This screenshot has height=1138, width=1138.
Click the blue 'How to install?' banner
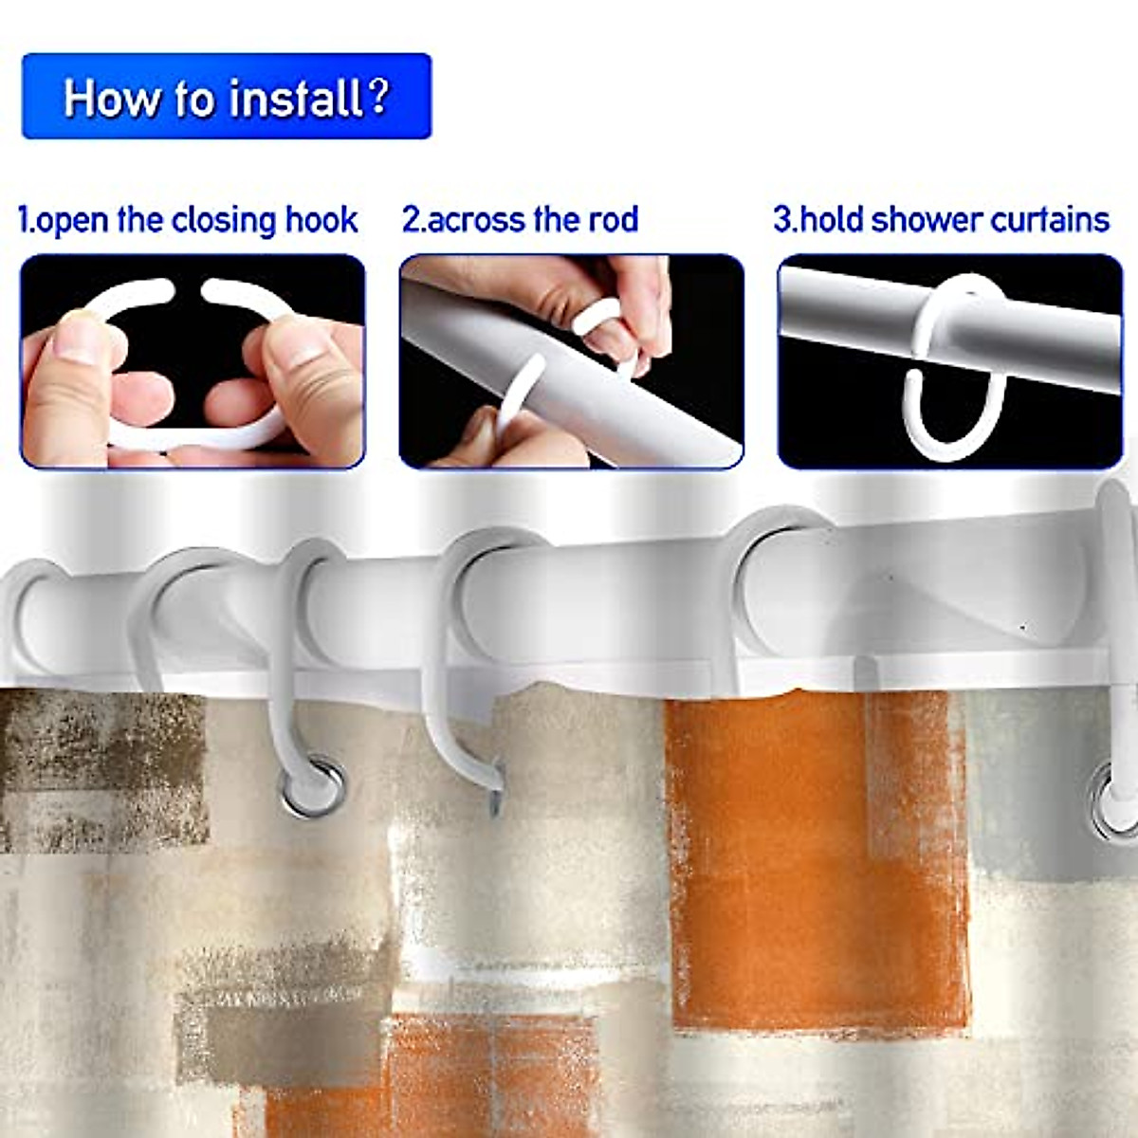point(227,97)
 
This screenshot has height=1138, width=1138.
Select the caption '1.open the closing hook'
point(189,220)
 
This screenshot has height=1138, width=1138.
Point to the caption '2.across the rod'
point(520,220)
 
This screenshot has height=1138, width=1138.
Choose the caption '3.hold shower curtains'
point(941,220)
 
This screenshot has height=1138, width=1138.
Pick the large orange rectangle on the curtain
point(816,853)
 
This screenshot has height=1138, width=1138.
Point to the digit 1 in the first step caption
point(24,221)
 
